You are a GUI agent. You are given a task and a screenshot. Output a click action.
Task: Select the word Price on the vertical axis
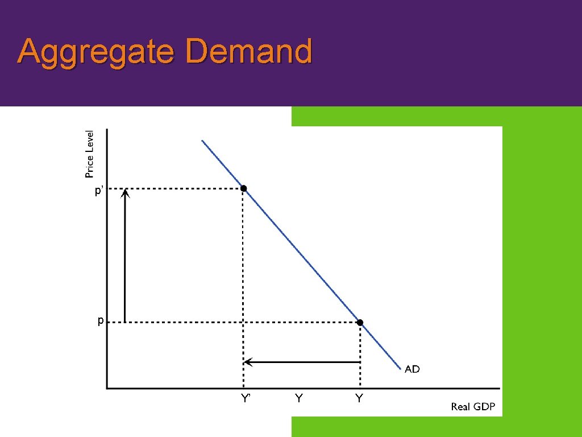pyautogui.click(x=90, y=164)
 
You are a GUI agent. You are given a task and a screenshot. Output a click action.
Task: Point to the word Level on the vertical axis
pyautogui.click(x=90, y=141)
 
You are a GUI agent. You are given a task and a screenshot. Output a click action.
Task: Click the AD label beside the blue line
pyautogui.click(x=412, y=369)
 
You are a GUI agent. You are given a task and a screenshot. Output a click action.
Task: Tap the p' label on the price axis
pyautogui.click(x=98, y=191)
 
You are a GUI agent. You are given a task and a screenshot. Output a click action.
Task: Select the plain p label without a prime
pyautogui.click(x=100, y=320)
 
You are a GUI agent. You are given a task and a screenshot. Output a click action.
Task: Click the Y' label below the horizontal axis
pyautogui.click(x=246, y=398)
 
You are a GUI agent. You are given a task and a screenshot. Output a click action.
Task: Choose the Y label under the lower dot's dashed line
pyautogui.click(x=359, y=398)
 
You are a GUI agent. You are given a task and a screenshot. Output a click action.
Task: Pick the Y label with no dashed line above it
pyautogui.click(x=298, y=398)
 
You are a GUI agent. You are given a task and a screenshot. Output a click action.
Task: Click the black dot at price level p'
pyautogui.click(x=243, y=188)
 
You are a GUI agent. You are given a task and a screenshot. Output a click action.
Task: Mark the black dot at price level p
pyautogui.click(x=360, y=323)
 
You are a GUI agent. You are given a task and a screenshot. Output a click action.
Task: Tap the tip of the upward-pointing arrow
pyautogui.click(x=125, y=192)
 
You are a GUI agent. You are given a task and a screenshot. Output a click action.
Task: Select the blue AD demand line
pyautogui.click(x=301, y=255)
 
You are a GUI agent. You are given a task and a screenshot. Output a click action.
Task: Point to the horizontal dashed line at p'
pyautogui.click(x=182, y=188)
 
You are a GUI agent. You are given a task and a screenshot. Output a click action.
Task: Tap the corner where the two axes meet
pyautogui.click(x=107, y=389)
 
